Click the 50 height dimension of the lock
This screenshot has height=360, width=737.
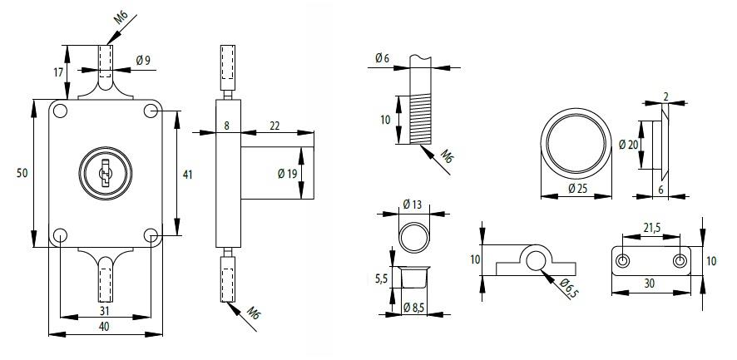(x=22, y=173)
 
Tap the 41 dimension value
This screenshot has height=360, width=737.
(x=187, y=175)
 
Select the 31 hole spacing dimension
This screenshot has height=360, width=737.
(x=104, y=310)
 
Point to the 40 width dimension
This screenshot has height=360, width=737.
(x=104, y=327)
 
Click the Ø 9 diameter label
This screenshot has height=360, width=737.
(x=142, y=60)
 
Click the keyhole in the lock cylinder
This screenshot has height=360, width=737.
(x=104, y=173)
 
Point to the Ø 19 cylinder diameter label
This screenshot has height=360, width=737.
(x=287, y=174)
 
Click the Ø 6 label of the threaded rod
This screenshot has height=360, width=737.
(x=382, y=57)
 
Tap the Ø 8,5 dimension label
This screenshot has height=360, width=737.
(x=413, y=308)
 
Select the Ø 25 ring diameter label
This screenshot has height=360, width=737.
(x=578, y=189)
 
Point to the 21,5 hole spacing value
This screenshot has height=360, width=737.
(x=651, y=228)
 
